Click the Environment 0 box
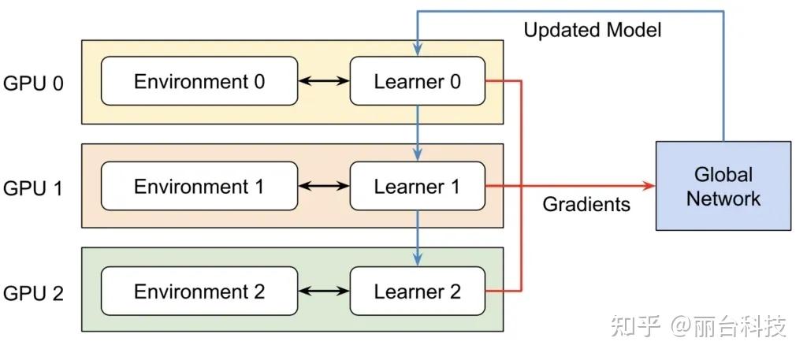[x=199, y=80]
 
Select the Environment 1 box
[x=199, y=186]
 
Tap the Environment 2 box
[x=199, y=291]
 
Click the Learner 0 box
[x=418, y=80]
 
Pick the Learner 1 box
[x=418, y=186]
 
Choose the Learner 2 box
[x=418, y=291]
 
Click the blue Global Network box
[x=723, y=186]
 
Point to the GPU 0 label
[x=33, y=84]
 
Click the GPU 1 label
[x=33, y=189]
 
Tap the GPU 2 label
[x=33, y=294]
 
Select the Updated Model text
[x=593, y=30]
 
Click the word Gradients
[x=586, y=204]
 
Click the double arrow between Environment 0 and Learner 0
[x=324, y=80]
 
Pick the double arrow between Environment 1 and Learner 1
[x=324, y=186]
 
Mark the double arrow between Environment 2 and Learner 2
[x=324, y=291]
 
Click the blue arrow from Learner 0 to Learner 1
[x=418, y=133]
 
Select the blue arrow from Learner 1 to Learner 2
[x=418, y=238]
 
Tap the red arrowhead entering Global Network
[x=649, y=186]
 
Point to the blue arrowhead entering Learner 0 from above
[x=418, y=49]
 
